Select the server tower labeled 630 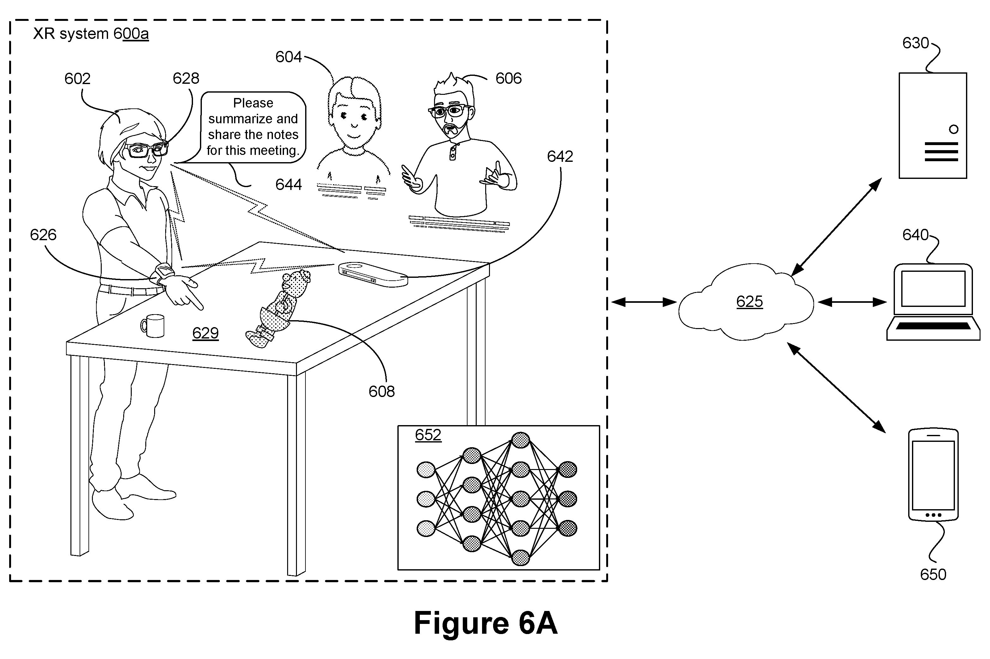point(933,125)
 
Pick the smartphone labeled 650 point(933,475)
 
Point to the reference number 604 point(288,57)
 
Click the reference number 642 point(560,156)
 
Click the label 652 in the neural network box point(428,435)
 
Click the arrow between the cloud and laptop point(852,302)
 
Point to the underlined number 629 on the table point(205,333)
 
